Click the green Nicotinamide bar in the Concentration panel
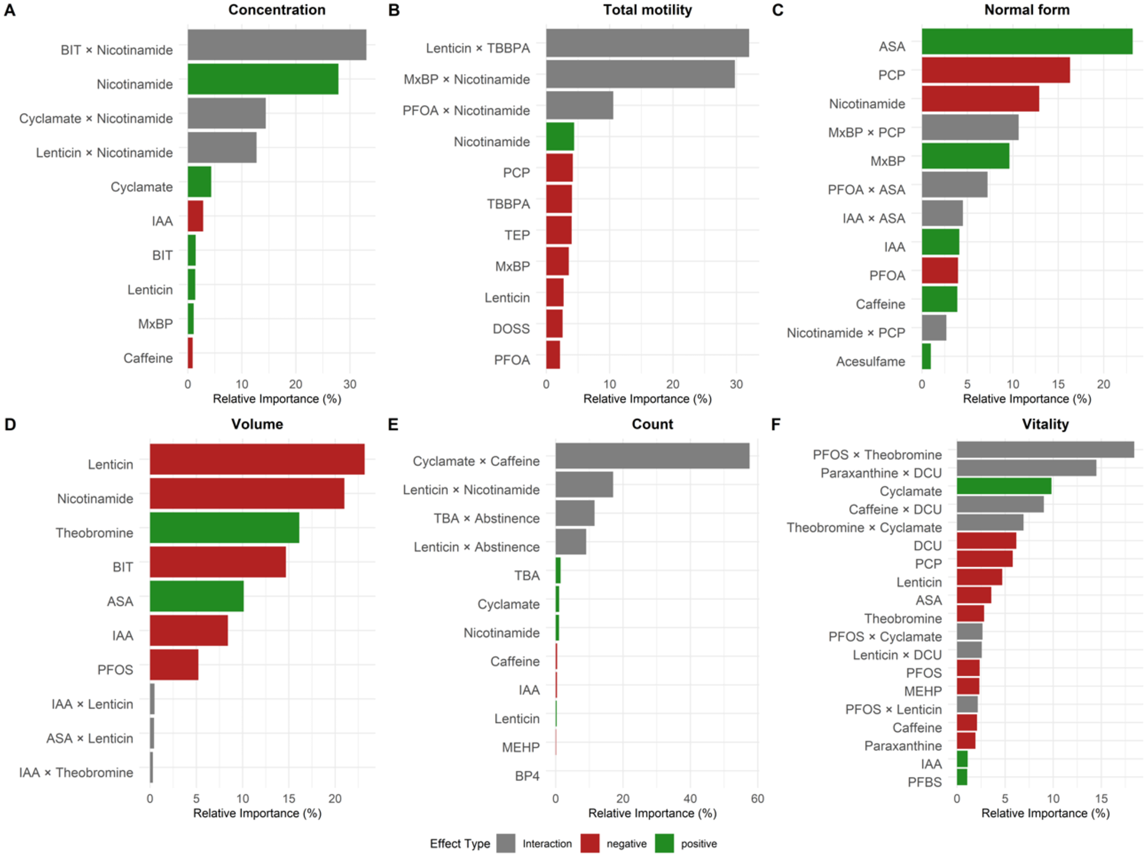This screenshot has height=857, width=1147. pos(262,79)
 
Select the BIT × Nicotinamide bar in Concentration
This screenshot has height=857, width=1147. pos(276,45)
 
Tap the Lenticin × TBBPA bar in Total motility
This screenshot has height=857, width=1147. pos(647,43)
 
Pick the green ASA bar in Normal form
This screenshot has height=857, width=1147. pos(1026,42)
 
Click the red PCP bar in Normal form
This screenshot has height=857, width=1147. pos(995,71)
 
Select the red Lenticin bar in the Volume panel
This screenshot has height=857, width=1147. pos(257,460)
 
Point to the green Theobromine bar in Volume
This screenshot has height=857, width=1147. pos(224,528)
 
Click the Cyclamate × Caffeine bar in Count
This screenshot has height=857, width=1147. pos(652,456)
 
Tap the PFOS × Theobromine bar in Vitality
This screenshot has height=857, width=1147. pos(1045,450)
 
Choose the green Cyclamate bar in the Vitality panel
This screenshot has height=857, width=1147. pos(1003,486)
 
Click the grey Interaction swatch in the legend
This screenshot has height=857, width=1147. pos(506,844)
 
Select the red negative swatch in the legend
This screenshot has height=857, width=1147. pos(590,844)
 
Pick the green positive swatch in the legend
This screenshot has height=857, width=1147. pos(664,844)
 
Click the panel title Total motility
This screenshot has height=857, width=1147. pos(647,10)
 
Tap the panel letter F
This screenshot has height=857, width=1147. pos(775,424)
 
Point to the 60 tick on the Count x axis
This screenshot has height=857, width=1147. pos(757,799)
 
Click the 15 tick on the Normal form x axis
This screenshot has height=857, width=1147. pos(1057,385)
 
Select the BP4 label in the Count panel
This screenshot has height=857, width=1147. pos(527,776)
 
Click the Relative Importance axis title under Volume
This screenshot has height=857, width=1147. pos(257,813)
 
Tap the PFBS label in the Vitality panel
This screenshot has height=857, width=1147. pos(924,783)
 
